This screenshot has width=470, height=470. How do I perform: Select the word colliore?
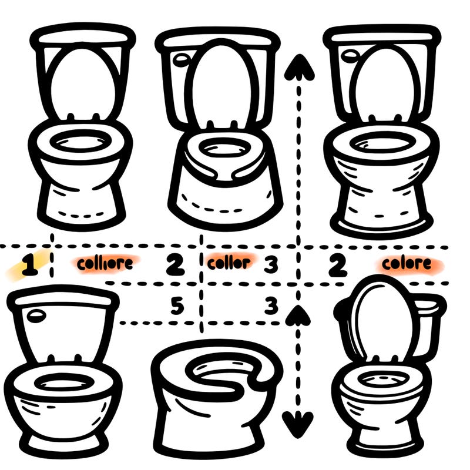click(105, 264)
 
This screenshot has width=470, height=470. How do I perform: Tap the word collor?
click(229, 263)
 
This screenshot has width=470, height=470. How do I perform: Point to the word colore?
click(406, 264)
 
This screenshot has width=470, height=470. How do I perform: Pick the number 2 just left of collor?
click(174, 266)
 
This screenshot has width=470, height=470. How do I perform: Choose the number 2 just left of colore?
click(337, 266)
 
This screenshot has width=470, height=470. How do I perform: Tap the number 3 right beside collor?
click(270, 264)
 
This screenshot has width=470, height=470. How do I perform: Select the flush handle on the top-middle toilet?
click(182, 59)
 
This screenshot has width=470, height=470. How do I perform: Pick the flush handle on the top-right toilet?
click(351, 56)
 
